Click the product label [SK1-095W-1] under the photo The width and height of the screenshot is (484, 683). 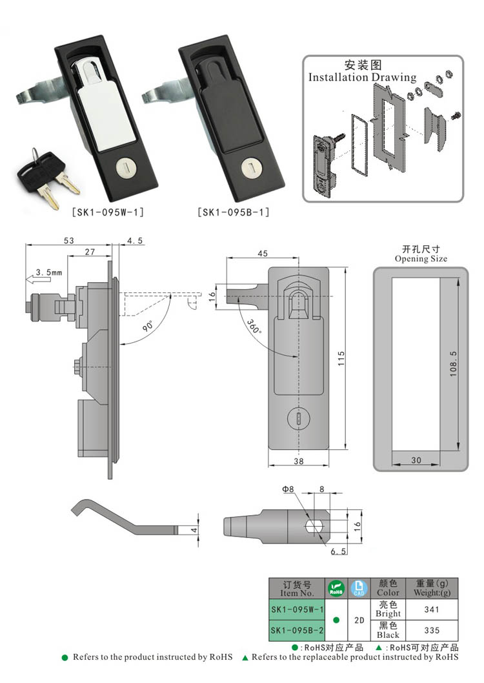click(x=108, y=212)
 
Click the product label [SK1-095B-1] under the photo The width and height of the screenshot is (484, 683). click(x=234, y=212)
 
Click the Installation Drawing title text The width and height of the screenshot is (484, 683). click(x=362, y=77)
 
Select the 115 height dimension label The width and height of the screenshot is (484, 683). click(x=341, y=358)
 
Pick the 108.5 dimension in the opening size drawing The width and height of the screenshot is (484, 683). click(x=454, y=363)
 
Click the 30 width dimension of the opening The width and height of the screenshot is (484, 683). click(x=416, y=460)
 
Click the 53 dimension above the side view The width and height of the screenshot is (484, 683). click(x=69, y=240)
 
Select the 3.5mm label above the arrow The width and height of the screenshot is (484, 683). click(x=49, y=272)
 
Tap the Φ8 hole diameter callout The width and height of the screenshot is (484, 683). click(x=288, y=489)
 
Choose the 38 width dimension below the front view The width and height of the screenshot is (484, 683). click(x=299, y=461)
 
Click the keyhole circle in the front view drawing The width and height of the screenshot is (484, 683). click(x=299, y=419)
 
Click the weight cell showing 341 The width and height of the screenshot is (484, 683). click(x=432, y=609)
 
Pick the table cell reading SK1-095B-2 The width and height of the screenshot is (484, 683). click(x=297, y=630)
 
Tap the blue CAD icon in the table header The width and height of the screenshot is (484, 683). click(x=359, y=588)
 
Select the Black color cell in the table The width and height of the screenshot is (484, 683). click(x=388, y=630)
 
